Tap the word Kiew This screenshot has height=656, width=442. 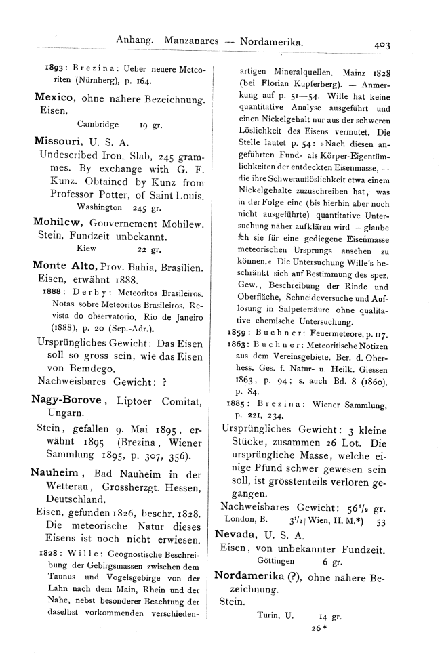coord(89,249)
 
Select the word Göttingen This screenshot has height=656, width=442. coord(276,562)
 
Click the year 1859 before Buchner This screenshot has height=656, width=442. coord(237,333)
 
